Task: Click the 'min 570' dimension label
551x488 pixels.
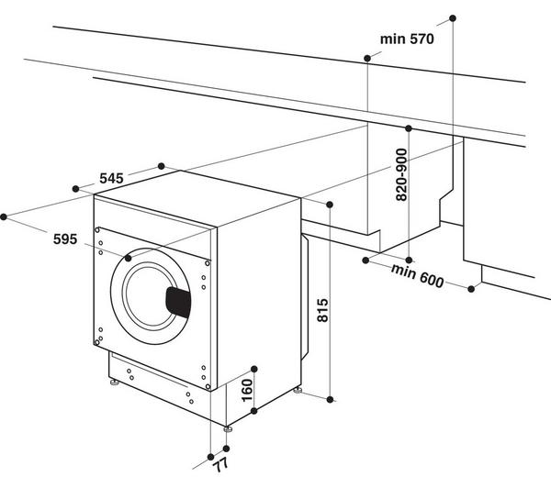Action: click(x=405, y=39)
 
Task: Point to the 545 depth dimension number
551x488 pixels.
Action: click(x=112, y=179)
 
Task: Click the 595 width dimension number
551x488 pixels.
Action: click(x=64, y=239)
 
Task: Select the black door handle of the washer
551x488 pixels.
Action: click(x=178, y=300)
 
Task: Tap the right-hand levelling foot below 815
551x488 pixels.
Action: click(x=298, y=392)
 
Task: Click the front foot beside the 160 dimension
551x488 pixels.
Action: click(x=227, y=428)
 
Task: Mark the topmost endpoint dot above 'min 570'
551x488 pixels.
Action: click(x=452, y=17)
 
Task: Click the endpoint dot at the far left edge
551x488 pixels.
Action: click(x=5, y=216)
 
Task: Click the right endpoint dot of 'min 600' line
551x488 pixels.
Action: click(x=472, y=289)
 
